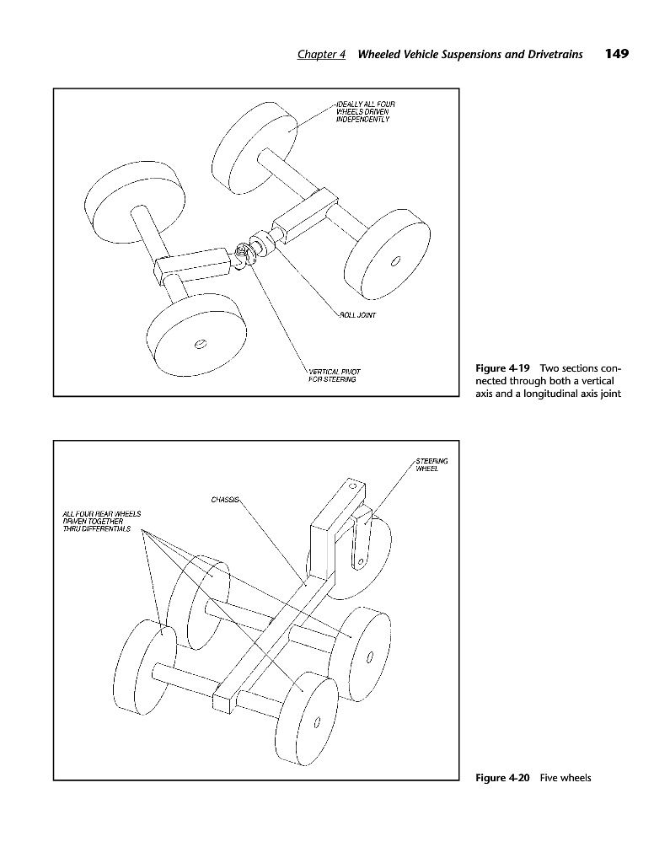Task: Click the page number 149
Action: [617, 54]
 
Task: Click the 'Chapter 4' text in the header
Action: [322, 55]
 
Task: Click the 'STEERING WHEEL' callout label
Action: [431, 464]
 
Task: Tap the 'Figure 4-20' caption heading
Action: [502, 777]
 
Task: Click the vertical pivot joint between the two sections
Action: [244, 253]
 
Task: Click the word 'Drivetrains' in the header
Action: [557, 55]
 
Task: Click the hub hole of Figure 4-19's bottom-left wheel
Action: [200, 344]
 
